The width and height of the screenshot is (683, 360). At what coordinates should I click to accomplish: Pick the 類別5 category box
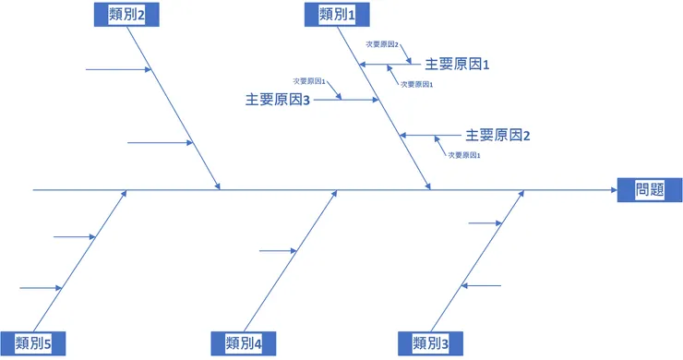tap(33, 343)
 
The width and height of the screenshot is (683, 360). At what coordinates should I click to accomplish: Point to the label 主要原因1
tap(457, 65)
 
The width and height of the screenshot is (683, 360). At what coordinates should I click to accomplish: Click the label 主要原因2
tap(498, 135)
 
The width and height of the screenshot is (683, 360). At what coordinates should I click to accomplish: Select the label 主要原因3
tap(278, 100)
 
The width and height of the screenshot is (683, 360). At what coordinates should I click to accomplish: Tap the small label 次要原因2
tap(382, 43)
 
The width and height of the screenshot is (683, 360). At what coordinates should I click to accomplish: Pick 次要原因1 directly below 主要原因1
tap(417, 84)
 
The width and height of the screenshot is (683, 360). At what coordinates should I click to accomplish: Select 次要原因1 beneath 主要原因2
tap(464, 155)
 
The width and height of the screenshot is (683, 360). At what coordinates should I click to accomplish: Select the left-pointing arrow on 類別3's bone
tap(480, 285)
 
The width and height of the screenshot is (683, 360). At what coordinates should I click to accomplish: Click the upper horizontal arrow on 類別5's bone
tap(74, 237)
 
